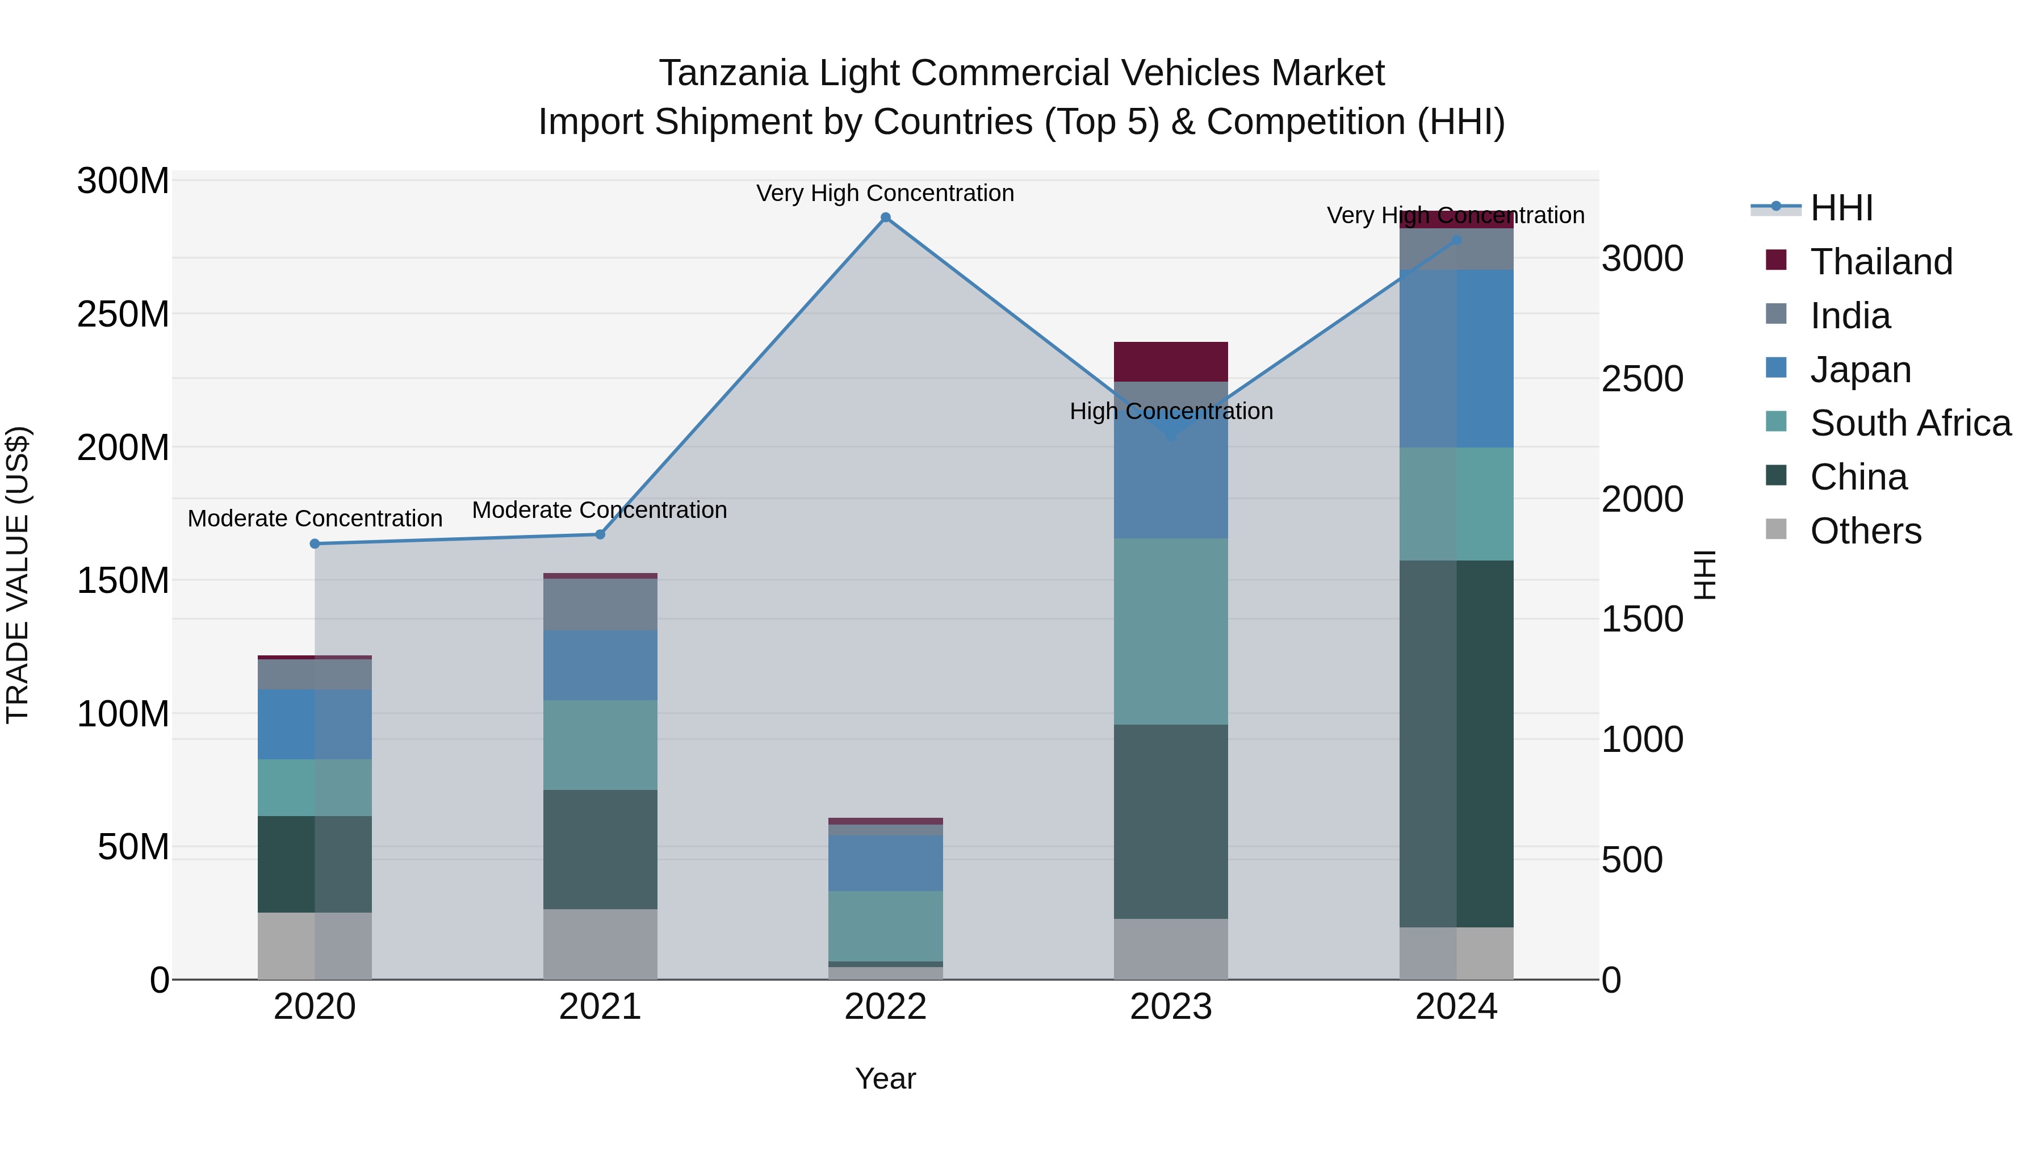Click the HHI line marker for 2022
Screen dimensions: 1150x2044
886,218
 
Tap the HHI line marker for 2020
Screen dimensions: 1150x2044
315,543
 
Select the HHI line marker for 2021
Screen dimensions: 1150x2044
600,535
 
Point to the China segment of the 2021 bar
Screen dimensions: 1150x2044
600,849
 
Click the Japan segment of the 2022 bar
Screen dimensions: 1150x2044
886,863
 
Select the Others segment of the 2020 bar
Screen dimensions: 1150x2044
315,946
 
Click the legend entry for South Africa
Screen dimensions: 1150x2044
1910,423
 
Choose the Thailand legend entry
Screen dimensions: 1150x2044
1880,262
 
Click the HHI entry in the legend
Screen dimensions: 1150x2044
1841,208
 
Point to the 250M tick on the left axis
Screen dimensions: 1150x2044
123,314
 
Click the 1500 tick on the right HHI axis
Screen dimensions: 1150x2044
1641,620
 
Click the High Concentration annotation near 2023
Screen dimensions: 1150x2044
1171,411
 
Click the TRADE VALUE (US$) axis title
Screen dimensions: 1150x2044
18,575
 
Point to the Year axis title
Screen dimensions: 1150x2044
886,1078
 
